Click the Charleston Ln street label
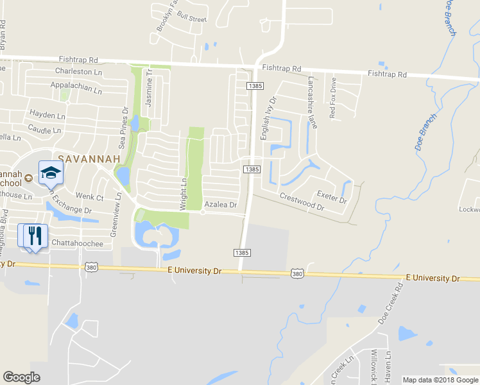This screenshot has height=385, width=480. click(x=79, y=71)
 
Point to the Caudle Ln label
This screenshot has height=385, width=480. click(x=45, y=130)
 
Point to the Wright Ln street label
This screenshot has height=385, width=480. click(x=183, y=194)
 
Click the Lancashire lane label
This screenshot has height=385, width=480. click(x=312, y=103)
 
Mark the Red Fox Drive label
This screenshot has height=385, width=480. click(x=332, y=98)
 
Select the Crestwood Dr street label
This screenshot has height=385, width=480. click(x=302, y=201)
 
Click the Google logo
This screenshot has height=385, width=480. click(x=21, y=377)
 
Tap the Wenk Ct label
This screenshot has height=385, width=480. click(x=90, y=197)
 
